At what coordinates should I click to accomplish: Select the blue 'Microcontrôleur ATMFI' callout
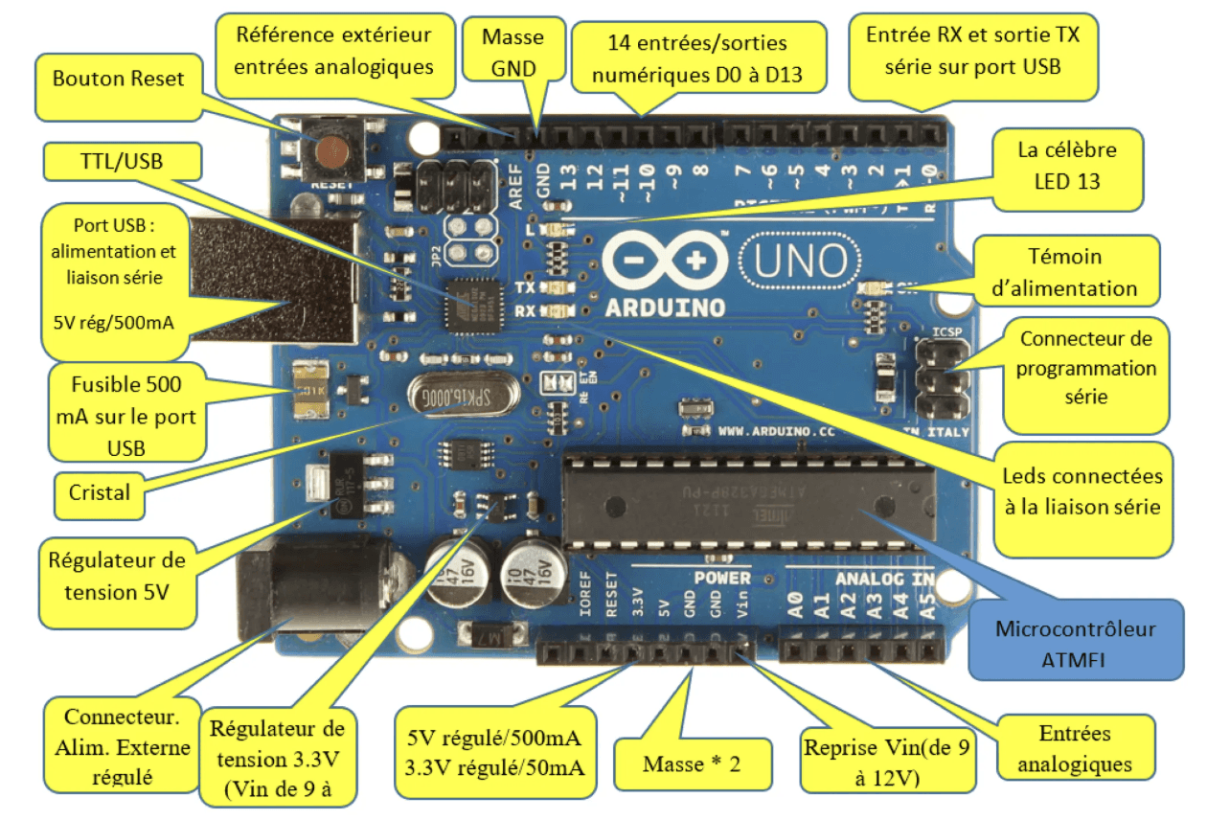click(x=1076, y=641)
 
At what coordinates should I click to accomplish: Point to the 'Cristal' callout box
click(x=100, y=493)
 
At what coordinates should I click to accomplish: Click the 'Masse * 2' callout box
click(x=693, y=764)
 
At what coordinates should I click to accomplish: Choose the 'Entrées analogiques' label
click(x=1074, y=748)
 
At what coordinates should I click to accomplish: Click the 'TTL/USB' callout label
click(x=120, y=162)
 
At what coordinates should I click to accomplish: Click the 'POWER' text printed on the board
click(x=721, y=578)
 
